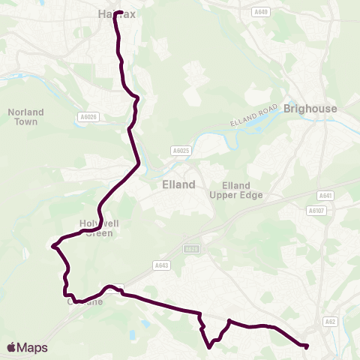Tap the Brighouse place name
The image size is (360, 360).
(x=310, y=109)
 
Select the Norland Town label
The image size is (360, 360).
(x=26, y=116)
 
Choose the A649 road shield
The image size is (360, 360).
(x=239, y=12)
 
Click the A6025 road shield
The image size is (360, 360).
(x=180, y=151)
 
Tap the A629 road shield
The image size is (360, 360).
(x=192, y=249)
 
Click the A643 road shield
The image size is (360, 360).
(x=162, y=265)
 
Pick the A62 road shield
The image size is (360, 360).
(x=331, y=321)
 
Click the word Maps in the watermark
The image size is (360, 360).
(x=32, y=347)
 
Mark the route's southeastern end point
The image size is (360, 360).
(x=306, y=346)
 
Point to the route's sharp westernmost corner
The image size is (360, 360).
(x=52, y=245)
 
